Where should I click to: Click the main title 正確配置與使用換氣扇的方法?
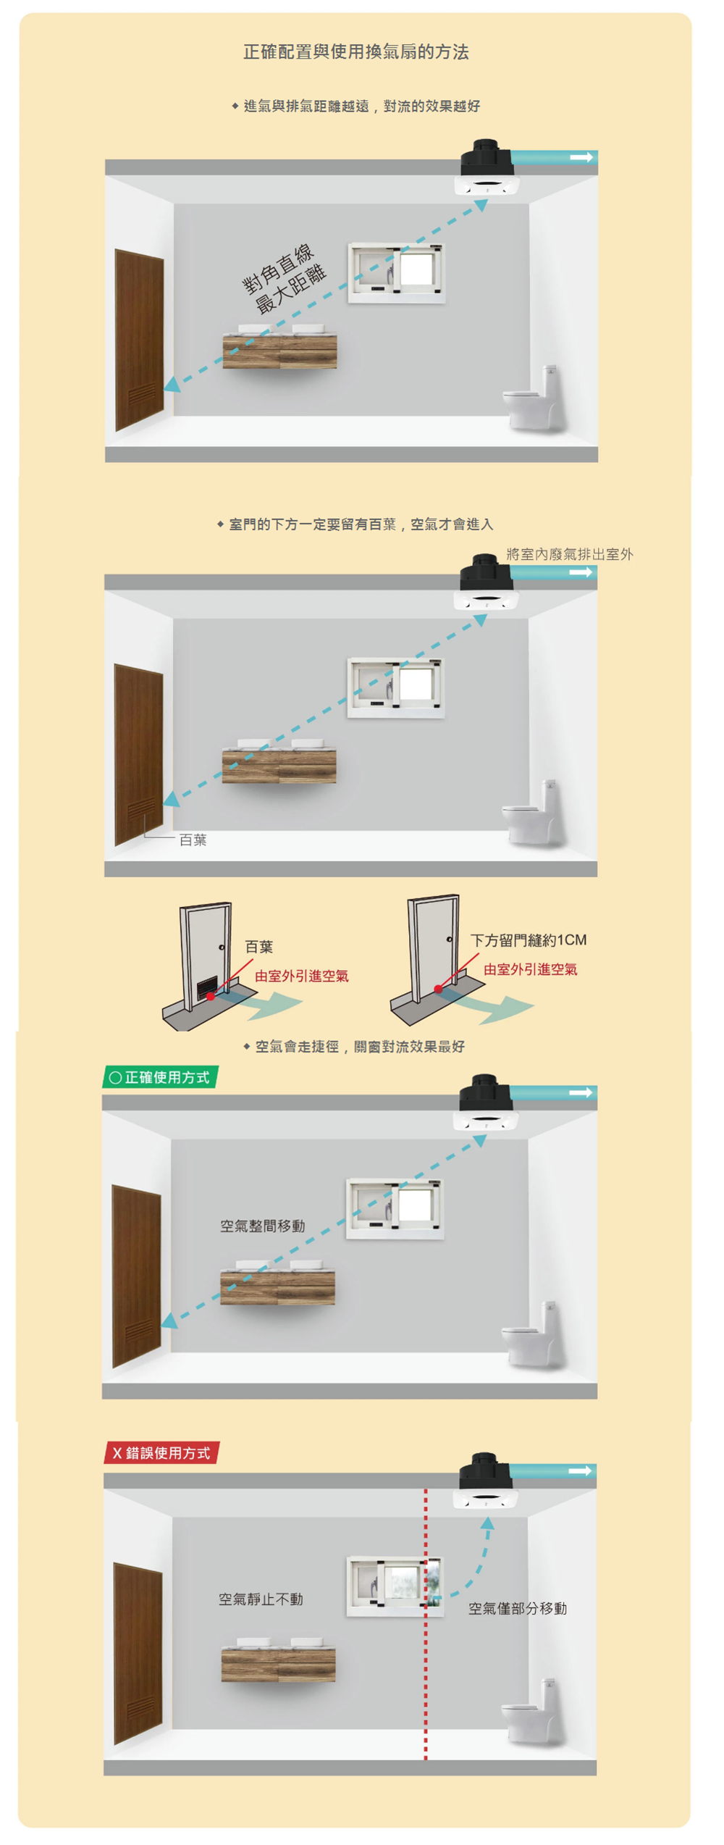355,52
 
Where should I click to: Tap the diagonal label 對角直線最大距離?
284,278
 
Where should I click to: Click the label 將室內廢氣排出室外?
569,554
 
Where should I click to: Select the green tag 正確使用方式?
160,1077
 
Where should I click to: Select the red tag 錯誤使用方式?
161,1452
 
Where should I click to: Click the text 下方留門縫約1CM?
528,940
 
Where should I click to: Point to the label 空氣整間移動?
262,1226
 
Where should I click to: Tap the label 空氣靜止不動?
261,1599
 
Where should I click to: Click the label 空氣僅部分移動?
517,1608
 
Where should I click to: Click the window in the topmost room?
396,272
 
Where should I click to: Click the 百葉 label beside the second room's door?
193,840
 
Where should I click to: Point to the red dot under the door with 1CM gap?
438,989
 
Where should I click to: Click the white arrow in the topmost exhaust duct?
581,157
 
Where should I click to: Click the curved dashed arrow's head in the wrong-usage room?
488,1524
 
